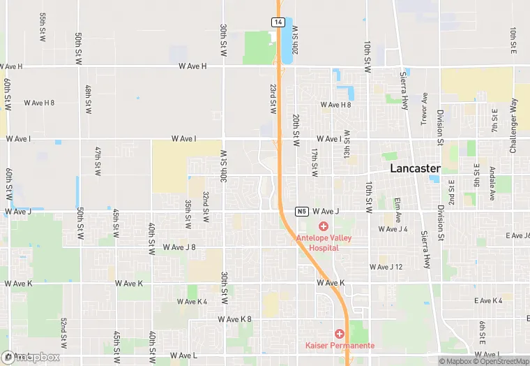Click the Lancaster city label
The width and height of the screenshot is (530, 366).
[x=415, y=169]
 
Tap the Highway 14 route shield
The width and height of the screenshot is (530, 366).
[x=278, y=22]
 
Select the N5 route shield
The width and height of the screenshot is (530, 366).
[x=301, y=211]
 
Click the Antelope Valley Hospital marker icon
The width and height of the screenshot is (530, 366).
[x=324, y=226]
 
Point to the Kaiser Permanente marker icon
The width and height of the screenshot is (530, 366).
[x=340, y=334]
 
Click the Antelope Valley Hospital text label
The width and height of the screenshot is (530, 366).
[x=324, y=242]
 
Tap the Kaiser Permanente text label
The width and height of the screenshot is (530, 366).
[x=340, y=346]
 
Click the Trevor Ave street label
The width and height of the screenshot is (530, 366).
[x=424, y=109]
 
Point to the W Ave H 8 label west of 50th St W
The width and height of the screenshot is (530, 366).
[x=39, y=103]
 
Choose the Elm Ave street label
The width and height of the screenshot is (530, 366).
[x=397, y=210]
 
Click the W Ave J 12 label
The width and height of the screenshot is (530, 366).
[x=386, y=267]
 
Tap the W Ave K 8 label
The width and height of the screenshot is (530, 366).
[x=234, y=319]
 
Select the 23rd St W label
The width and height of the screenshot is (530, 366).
[x=273, y=100]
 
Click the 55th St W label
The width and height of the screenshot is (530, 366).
[x=43, y=26]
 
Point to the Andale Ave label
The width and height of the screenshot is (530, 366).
[x=492, y=183]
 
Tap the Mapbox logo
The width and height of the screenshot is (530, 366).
[x=31, y=357]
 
